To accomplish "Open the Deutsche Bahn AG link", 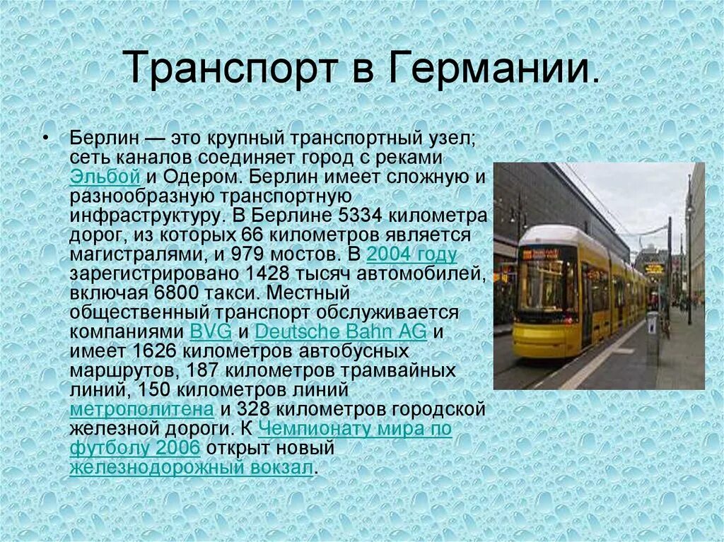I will pyautogui.click(x=340, y=331).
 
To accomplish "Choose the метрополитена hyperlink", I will pyautogui.click(x=141, y=408).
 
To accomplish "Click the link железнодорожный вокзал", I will pyautogui.click(x=190, y=467).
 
